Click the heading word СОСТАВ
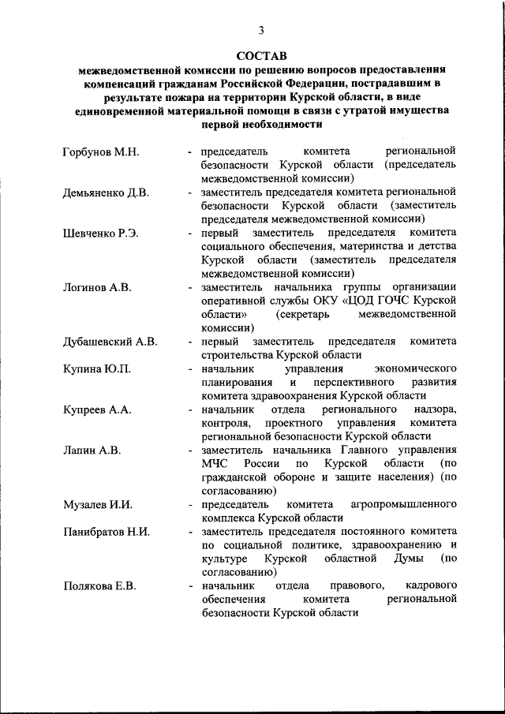pos(261,55)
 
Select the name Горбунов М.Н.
pos(100,151)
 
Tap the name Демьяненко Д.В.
pos(106,192)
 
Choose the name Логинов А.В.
pos(96,287)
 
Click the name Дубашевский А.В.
pos(110,342)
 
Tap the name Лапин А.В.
pos(91,450)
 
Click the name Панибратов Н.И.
pos(106,532)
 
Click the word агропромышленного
pos(404,505)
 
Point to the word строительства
pos(234,355)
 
